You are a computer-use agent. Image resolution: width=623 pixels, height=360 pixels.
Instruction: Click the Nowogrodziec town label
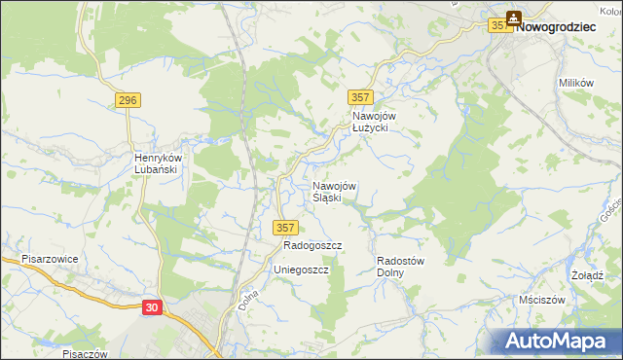555,27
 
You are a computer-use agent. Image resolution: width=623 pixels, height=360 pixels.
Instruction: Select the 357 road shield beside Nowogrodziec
500,27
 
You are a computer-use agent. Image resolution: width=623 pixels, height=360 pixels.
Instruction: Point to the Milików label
576,84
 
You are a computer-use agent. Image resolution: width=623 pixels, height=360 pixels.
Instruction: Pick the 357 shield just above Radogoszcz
283,228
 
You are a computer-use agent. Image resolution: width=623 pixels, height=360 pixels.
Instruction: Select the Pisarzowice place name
50,260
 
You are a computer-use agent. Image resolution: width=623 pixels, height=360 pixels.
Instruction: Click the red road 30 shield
151,306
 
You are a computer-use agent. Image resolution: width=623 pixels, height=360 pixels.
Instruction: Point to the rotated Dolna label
246,299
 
